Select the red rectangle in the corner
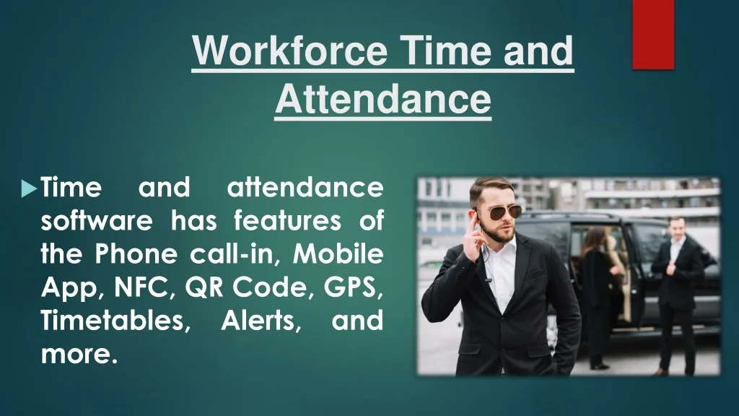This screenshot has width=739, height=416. pos(653,35)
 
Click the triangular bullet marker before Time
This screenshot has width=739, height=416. pos(29,188)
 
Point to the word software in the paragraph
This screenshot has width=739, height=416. pos(97,221)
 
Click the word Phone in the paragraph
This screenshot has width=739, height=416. pos(136,253)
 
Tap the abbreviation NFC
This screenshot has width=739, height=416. pos(141,287)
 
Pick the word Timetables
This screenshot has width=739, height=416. pos(113,320)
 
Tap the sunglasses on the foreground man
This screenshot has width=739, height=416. pos(502,213)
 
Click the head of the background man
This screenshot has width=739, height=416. pos(677,227)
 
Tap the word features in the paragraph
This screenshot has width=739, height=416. pos(287,221)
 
